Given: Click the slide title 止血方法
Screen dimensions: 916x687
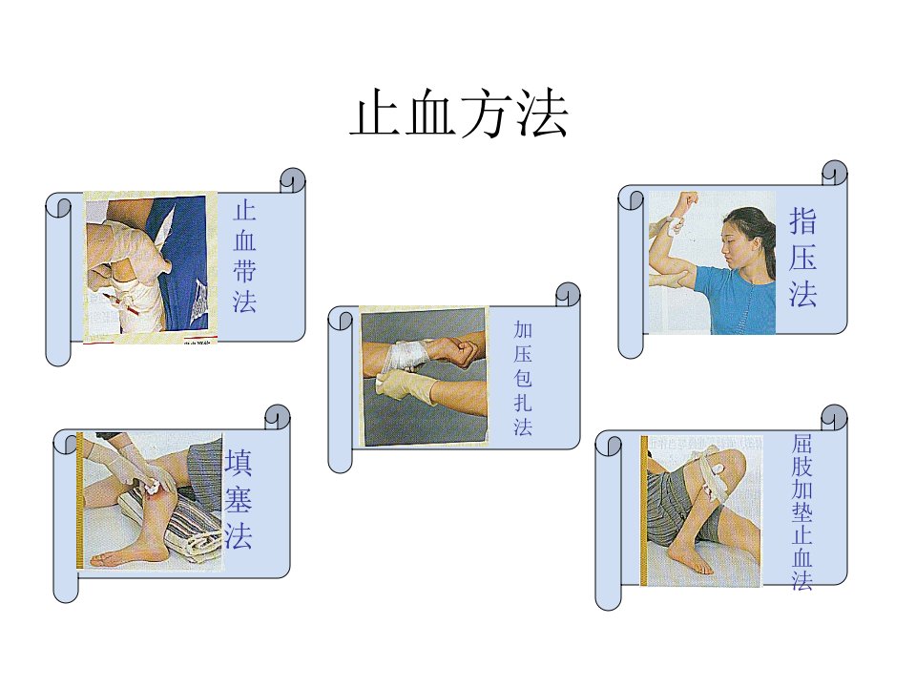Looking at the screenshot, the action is (x=459, y=114).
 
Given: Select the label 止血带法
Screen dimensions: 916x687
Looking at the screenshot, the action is (x=245, y=257).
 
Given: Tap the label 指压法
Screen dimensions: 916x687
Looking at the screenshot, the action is (x=802, y=257).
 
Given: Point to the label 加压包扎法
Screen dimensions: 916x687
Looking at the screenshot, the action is (x=523, y=378).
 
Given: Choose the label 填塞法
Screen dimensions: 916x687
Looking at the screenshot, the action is (x=239, y=499).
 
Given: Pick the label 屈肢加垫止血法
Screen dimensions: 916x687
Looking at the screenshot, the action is (x=802, y=511).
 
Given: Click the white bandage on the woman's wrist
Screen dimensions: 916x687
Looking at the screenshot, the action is (x=676, y=225).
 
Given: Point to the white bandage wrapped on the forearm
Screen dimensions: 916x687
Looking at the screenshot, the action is (x=406, y=356).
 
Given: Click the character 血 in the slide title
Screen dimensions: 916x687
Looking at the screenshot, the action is (x=429, y=114).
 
